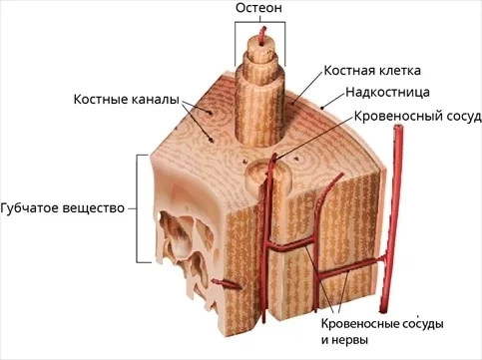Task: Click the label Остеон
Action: click(x=258, y=8)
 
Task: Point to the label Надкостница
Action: click(x=387, y=92)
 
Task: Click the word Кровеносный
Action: click(x=393, y=117)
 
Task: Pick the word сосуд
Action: click(x=458, y=117)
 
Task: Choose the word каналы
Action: click(x=154, y=100)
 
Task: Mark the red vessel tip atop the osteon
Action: click(x=264, y=28)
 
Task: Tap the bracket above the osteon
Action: click(x=259, y=22)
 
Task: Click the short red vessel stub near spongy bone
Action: click(x=227, y=284)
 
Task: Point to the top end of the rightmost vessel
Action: click(x=398, y=127)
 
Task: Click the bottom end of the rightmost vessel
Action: click(x=383, y=310)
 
